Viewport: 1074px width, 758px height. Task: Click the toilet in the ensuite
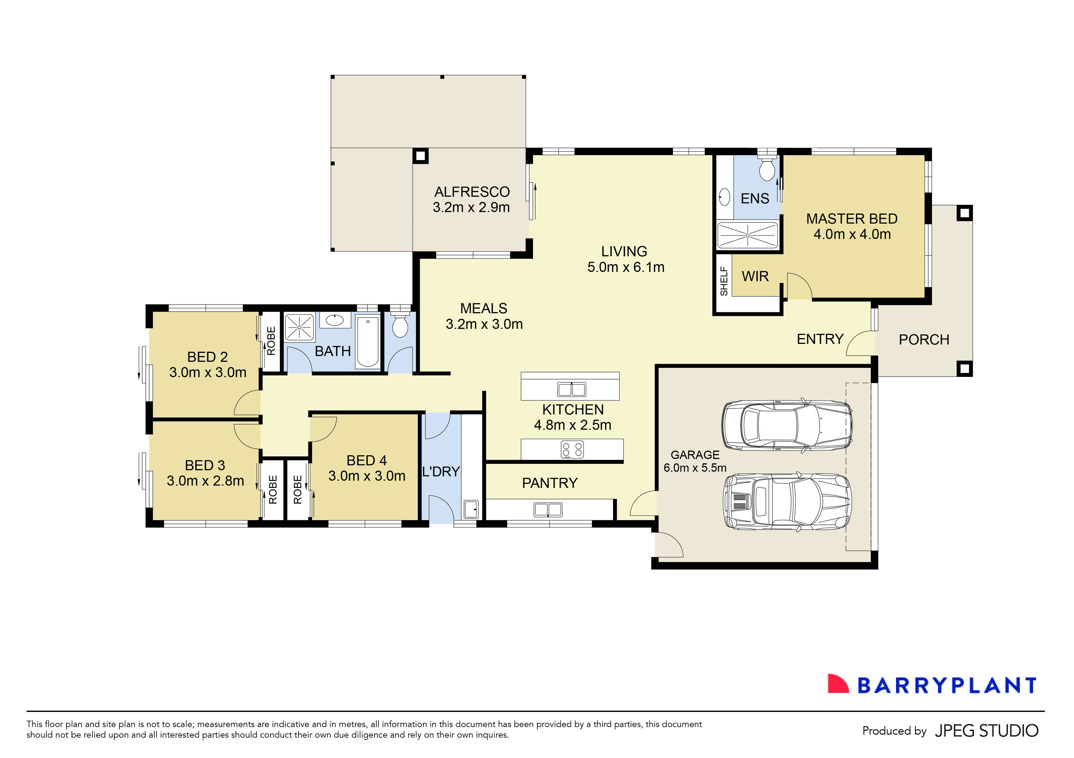click(767, 169)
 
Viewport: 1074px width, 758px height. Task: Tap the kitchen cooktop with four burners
click(572, 450)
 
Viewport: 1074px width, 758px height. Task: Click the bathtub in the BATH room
click(368, 342)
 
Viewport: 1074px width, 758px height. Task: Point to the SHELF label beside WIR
click(724, 281)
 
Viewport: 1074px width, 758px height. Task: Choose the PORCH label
click(924, 340)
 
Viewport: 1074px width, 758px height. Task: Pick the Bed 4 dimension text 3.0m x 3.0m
click(367, 476)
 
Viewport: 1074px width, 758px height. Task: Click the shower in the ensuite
click(747, 235)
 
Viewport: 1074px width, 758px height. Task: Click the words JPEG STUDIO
click(986, 730)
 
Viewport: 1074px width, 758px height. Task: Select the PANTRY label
click(550, 483)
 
